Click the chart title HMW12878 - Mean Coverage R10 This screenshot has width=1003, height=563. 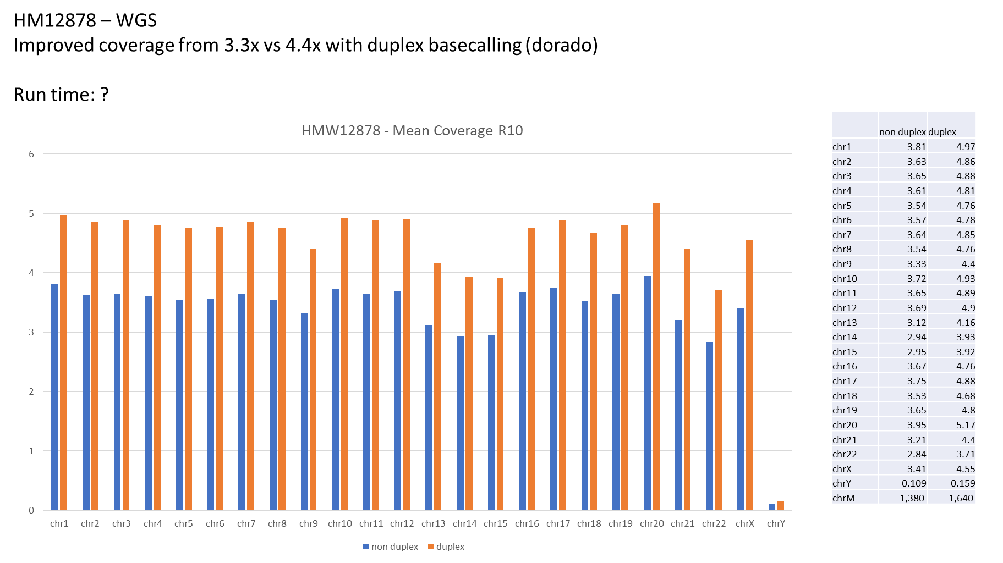click(412, 131)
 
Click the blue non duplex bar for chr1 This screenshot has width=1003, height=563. click(54, 396)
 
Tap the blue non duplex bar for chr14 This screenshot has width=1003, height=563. click(460, 423)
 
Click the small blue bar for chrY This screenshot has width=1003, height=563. click(772, 507)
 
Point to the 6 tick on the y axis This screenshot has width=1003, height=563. click(31, 154)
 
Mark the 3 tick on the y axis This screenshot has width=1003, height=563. click(31, 332)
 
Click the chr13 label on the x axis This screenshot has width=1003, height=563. click(433, 523)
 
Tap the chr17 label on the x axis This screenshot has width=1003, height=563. click(558, 523)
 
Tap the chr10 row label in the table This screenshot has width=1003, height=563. click(845, 279)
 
